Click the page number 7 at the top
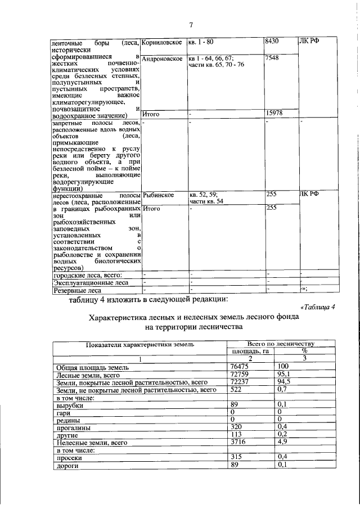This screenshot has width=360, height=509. click(191, 25)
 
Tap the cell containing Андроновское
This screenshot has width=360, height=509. click(162, 58)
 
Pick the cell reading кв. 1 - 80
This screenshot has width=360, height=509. click(201, 42)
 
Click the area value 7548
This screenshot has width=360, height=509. click(272, 58)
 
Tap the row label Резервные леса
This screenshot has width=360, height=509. click(76, 291)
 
